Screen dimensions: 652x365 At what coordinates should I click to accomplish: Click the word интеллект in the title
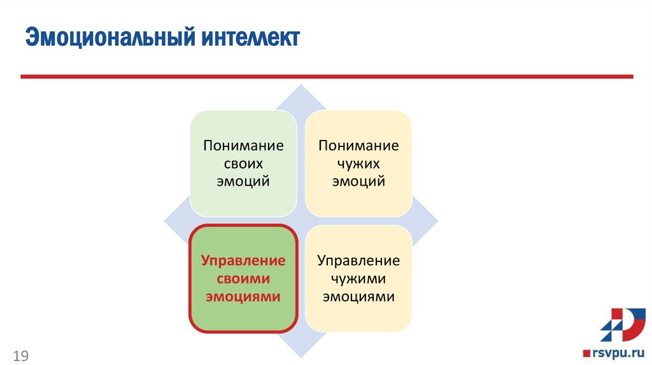[252, 38]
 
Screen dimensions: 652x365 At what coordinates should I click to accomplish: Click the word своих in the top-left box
[243, 163]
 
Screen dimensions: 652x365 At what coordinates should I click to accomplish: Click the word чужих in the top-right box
[358, 163]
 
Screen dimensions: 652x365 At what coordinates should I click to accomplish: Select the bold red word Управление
[243, 261]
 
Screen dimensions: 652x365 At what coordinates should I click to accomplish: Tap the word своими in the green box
[243, 279]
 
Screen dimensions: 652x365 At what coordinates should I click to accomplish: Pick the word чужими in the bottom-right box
[358, 279]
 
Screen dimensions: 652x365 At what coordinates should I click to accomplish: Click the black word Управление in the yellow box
[358, 261]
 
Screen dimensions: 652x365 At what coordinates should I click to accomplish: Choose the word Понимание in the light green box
[243, 146]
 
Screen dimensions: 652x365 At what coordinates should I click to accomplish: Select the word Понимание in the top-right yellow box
[358, 146]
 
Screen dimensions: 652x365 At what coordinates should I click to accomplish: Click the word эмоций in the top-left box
[243, 181]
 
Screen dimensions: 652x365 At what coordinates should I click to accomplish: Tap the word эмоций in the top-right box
[358, 181]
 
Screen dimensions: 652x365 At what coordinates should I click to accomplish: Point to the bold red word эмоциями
[243, 296]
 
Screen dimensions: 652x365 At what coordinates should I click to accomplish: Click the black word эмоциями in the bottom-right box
[358, 296]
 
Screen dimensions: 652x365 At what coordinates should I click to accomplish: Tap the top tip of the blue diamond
[301, 86]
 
